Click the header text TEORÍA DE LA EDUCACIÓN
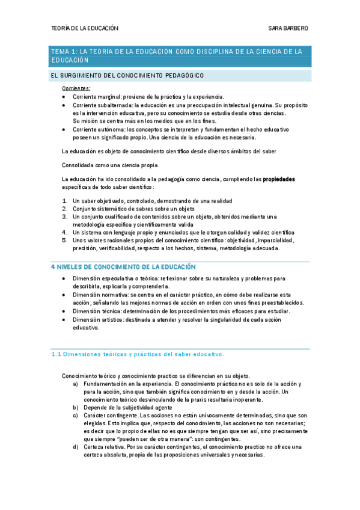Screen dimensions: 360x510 coord(84,28)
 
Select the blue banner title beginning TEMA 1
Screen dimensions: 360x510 coord(180,56)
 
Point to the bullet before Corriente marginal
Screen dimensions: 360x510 coord(64,97)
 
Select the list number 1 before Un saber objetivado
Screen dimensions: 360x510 coord(65,201)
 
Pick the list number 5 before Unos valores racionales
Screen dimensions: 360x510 coord(65,240)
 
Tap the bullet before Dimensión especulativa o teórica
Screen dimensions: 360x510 coord(64,279)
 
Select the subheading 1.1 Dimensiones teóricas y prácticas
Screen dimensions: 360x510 coord(138,354)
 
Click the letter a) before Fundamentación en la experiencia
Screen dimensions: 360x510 coord(75,384)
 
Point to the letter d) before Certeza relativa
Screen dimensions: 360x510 coord(75,447)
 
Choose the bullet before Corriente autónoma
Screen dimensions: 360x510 coord(64,129)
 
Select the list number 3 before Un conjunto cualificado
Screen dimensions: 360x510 coord(65,217)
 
